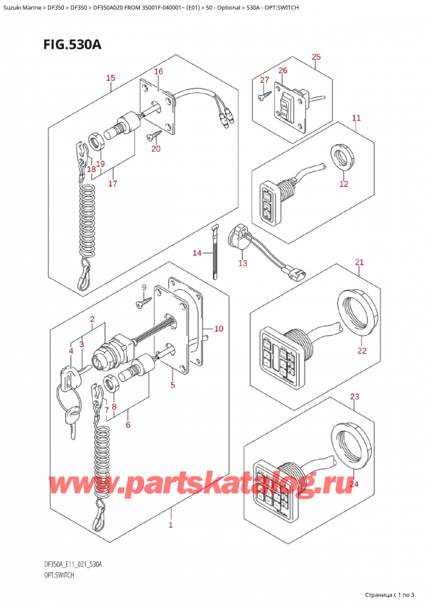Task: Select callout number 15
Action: click(x=110, y=77)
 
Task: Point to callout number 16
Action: click(x=158, y=72)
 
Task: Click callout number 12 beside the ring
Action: click(x=344, y=184)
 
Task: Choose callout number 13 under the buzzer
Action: click(x=243, y=263)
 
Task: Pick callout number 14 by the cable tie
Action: click(x=197, y=253)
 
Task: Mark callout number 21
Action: click(x=359, y=263)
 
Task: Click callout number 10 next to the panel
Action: click(x=218, y=328)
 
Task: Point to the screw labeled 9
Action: click(x=141, y=304)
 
